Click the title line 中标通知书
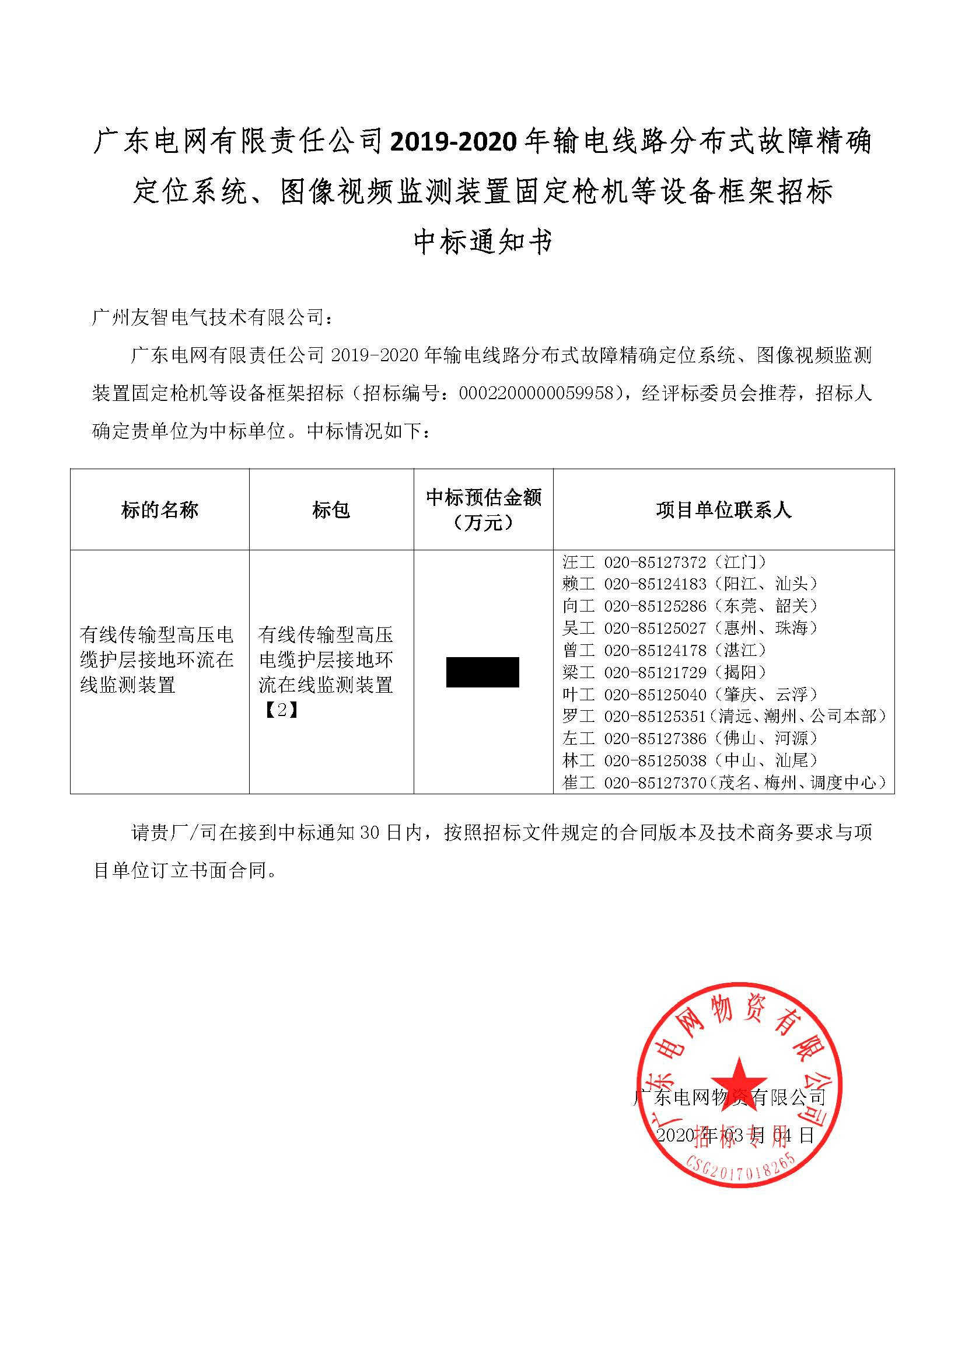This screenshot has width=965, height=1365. point(482,242)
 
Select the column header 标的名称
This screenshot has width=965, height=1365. point(159,510)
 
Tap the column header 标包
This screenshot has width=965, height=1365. point(331,510)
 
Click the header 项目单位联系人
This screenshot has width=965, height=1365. point(723,510)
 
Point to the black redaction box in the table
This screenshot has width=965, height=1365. point(482,672)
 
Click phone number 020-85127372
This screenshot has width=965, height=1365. point(655,562)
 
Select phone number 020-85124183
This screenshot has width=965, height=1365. point(655,584)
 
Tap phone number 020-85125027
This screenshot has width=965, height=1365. point(655,628)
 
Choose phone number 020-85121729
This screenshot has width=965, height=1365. point(655,672)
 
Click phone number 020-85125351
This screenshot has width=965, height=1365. point(655,717)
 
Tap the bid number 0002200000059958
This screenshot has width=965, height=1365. point(536,393)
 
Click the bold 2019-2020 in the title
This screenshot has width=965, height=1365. point(456,142)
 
